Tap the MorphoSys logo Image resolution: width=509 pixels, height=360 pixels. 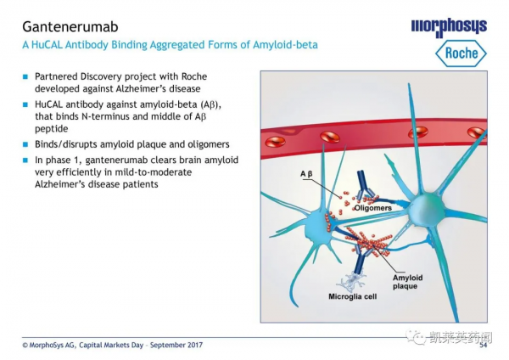[448, 26]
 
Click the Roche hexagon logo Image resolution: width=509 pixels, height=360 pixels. [461, 53]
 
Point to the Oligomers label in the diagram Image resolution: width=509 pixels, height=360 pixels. [372, 206]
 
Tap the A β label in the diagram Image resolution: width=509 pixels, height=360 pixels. [306, 174]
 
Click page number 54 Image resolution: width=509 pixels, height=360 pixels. [484, 345]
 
